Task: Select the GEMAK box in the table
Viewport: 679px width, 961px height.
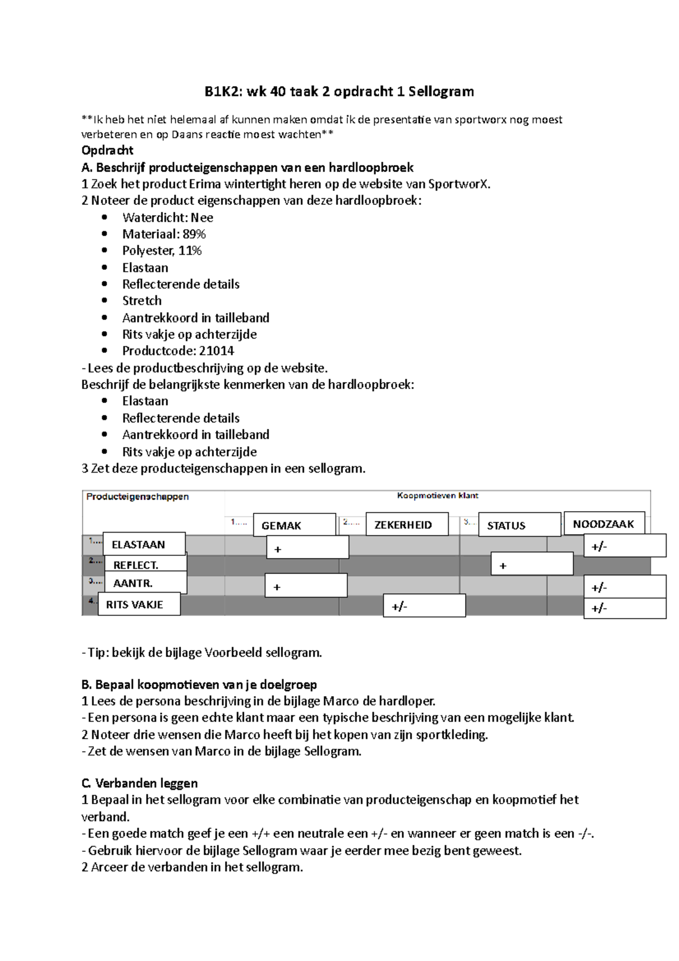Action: click(x=294, y=525)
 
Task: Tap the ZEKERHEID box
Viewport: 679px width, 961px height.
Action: click(x=407, y=524)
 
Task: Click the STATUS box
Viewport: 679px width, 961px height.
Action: click(x=519, y=525)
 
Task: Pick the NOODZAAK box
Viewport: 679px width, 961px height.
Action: click(x=604, y=523)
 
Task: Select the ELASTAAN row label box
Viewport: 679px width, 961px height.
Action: click(x=144, y=544)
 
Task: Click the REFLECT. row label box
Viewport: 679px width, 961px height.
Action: click(x=145, y=564)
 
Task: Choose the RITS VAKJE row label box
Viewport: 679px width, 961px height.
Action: click(x=139, y=604)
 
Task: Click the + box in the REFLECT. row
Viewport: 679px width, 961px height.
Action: click(x=532, y=565)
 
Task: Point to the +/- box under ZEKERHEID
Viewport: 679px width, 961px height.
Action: click(x=424, y=606)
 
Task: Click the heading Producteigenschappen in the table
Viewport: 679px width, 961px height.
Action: click(x=137, y=496)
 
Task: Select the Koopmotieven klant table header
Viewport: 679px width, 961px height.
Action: click(x=437, y=495)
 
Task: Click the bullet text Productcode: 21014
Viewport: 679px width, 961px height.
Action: click(x=178, y=351)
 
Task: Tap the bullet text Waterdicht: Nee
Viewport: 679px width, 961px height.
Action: click(x=167, y=217)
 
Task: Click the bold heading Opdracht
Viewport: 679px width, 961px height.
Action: click(x=108, y=150)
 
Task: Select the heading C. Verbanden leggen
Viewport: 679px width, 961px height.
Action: click(x=140, y=783)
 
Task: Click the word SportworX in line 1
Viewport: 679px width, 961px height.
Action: click(x=459, y=184)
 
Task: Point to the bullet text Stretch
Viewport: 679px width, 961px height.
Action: click(x=142, y=301)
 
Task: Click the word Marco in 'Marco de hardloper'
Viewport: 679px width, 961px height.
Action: click(x=341, y=701)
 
